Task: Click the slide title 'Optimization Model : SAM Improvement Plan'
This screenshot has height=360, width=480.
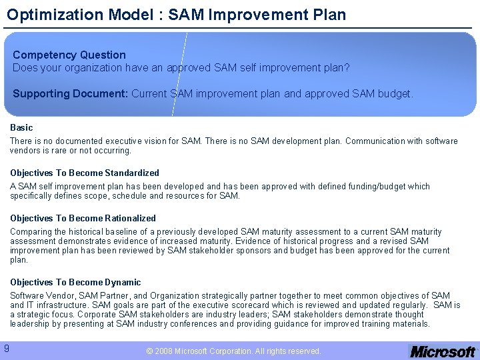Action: [x=177, y=14]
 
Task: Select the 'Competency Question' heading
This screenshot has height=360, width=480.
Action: [x=69, y=55]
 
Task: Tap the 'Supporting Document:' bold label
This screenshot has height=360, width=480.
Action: [x=70, y=94]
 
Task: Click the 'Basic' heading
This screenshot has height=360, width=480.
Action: [x=21, y=127]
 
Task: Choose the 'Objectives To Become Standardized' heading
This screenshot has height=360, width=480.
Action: [x=85, y=173]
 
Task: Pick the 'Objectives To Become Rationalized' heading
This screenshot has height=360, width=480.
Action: [x=83, y=218]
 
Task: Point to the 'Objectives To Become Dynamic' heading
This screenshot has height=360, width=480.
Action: [x=75, y=282]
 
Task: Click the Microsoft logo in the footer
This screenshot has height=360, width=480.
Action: [x=443, y=351]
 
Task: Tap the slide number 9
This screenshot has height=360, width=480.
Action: [x=6, y=348]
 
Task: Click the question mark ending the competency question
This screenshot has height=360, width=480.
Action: [x=347, y=67]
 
